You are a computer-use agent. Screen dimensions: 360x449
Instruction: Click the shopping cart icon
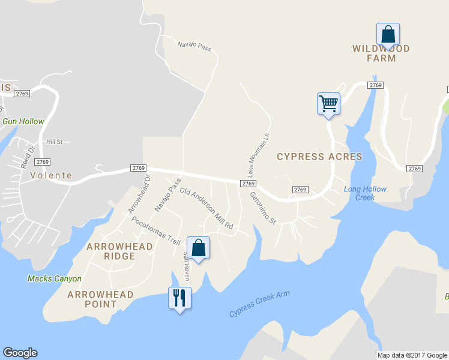pyautogui.click(x=328, y=103)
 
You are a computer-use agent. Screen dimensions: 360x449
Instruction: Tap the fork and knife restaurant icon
pyautogui.click(x=179, y=297)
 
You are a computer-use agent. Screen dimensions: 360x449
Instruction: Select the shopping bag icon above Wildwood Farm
pyautogui.click(x=388, y=34)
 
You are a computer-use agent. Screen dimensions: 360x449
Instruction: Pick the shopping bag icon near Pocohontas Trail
pyautogui.click(x=198, y=247)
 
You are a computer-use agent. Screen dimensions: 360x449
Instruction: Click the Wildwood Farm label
pyautogui.click(x=381, y=53)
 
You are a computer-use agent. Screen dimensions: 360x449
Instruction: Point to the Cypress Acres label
pyautogui.click(x=319, y=157)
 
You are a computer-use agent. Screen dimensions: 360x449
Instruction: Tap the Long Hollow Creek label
pyautogui.click(x=365, y=193)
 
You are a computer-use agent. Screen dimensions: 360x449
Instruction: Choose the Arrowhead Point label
pyautogui.click(x=92, y=299)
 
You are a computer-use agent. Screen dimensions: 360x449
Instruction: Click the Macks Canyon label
pyautogui.click(x=54, y=278)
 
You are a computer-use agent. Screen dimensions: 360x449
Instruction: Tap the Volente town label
pyautogui.click(x=51, y=176)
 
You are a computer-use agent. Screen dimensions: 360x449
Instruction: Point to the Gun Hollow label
pyautogui.click(x=23, y=121)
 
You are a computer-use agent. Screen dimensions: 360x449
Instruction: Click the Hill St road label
pyautogui.click(x=54, y=141)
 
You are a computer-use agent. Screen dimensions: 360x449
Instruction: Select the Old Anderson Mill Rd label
pyautogui.click(x=206, y=209)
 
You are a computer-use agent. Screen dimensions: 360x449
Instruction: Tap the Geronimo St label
pyautogui.click(x=262, y=208)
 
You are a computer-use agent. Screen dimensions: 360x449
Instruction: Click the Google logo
pyautogui.click(x=20, y=353)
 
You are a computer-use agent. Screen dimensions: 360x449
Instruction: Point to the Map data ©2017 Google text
pyautogui.click(x=411, y=355)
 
